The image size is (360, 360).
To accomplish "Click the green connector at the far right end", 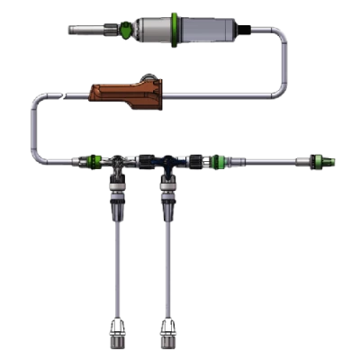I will [x=319, y=164].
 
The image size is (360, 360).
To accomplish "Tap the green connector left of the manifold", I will [x=90, y=164].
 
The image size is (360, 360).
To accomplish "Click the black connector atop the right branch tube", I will [x=166, y=198].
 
